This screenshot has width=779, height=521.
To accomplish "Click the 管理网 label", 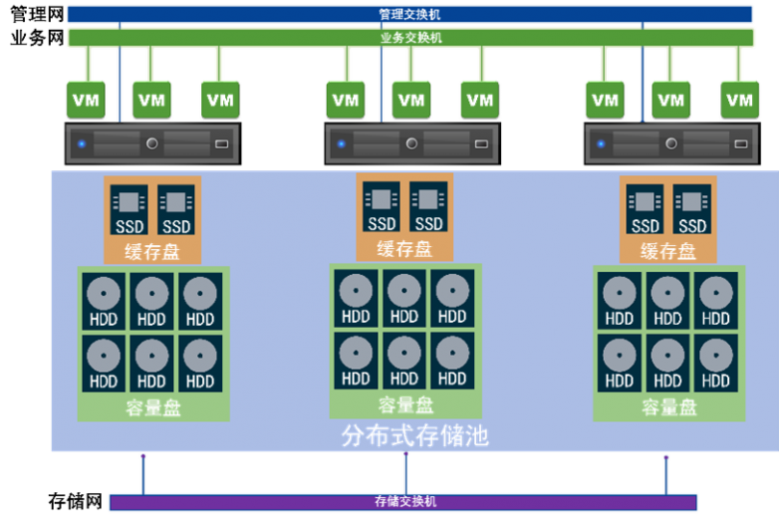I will [36, 15].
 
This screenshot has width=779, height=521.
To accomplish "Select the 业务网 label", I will [36, 38].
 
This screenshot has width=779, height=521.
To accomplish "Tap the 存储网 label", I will [76, 501].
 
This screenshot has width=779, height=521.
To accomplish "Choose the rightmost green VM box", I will [738, 99].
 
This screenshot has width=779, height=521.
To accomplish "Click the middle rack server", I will [409, 143].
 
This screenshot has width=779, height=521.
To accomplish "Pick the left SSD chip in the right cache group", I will [645, 210].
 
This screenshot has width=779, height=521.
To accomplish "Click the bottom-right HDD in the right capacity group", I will [715, 360].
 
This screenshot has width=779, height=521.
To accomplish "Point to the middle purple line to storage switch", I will [406, 473].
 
